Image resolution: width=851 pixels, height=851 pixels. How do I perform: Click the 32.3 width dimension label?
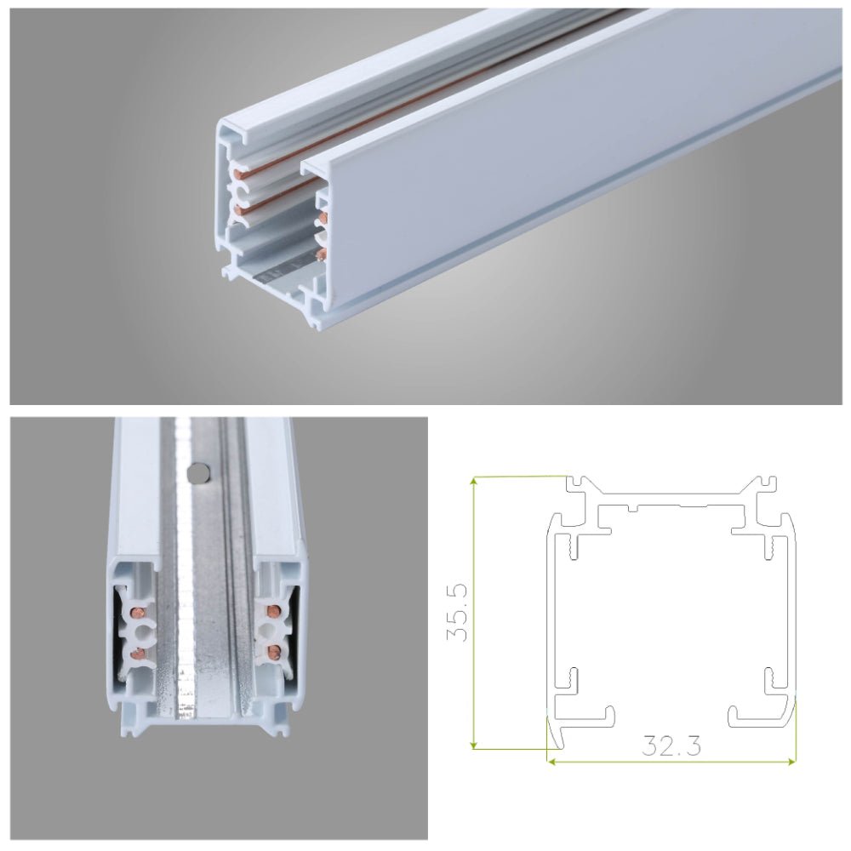tap(672, 746)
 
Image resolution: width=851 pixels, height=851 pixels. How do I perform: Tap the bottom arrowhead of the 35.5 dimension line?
tap(473, 746)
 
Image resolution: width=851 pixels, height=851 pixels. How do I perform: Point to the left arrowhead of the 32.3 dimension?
tap(551, 760)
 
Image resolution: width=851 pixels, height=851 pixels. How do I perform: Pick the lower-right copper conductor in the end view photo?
tap(273, 653)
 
